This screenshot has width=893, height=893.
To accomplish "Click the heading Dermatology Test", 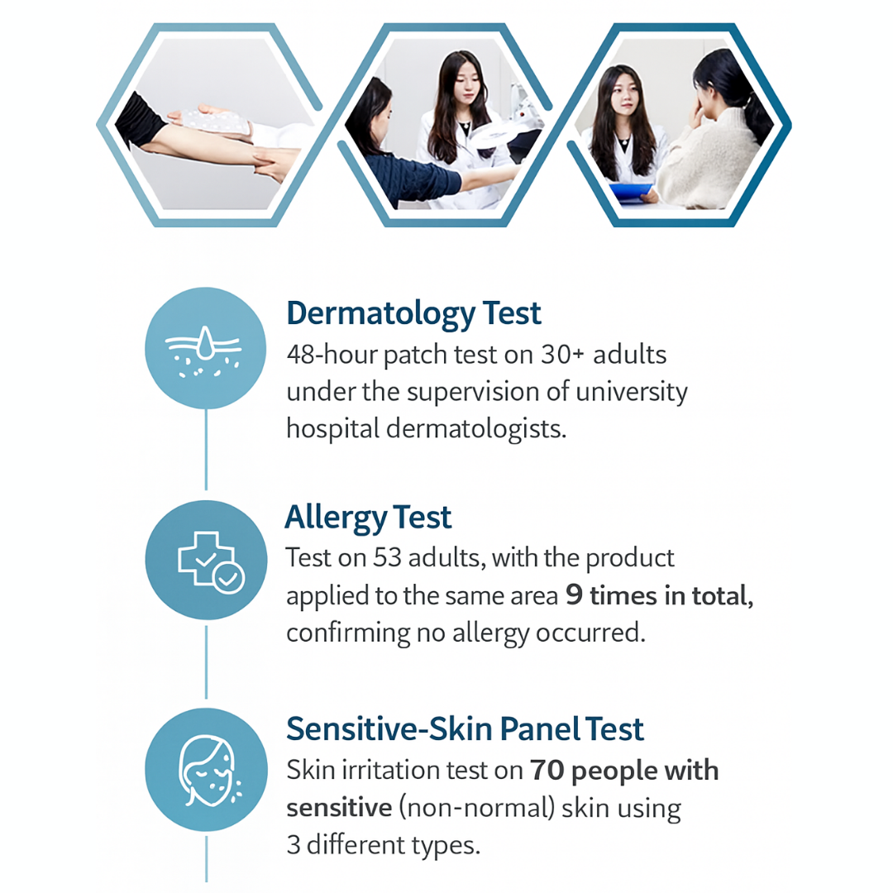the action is pos(413,314).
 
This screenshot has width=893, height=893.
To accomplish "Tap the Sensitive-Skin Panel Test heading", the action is pos(465,729).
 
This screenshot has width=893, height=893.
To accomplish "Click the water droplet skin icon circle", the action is pos(206,348).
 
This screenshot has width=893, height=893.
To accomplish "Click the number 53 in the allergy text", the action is pos(387,557).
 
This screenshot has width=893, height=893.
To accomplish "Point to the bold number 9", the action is pos(574,595).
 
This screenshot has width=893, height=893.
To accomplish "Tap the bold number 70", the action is pos(547,771).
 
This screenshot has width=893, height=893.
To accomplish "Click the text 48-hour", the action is pos(332,355).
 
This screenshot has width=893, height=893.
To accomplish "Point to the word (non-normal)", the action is pos(476,808).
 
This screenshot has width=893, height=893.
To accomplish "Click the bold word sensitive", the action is pos(340,808).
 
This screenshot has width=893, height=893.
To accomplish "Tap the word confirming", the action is pos(347,633).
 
